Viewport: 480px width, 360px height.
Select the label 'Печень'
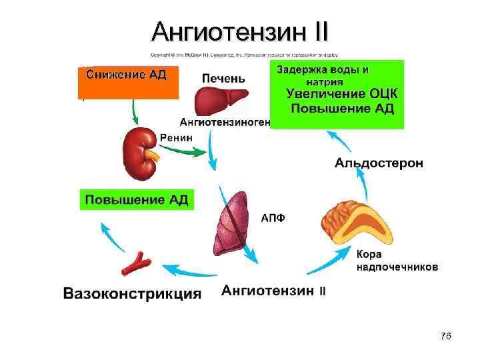[x=223, y=78]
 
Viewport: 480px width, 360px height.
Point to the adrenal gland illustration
[x=354, y=220]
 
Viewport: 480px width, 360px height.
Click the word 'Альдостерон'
[x=378, y=164]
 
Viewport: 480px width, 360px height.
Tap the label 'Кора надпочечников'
[x=396, y=261]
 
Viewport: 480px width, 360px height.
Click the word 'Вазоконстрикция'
[x=132, y=293]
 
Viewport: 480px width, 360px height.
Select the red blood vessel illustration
[x=135, y=264]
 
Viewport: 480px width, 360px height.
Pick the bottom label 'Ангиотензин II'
[x=273, y=291]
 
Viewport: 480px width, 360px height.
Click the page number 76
[x=446, y=336]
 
